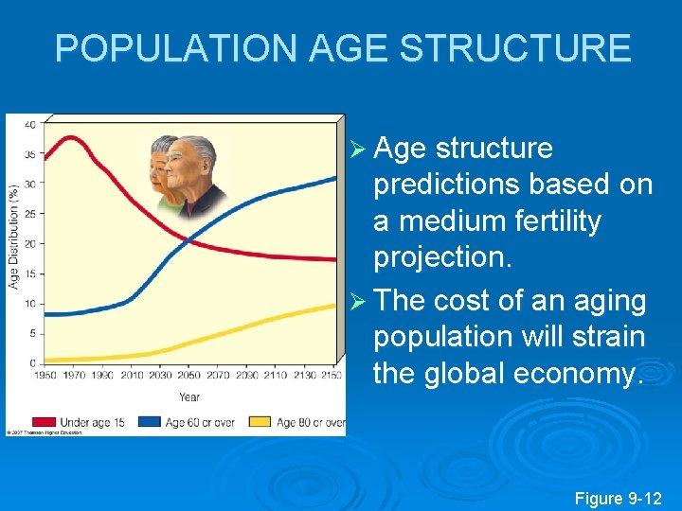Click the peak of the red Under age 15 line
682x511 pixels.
[x=71, y=138]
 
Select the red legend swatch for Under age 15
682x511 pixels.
[x=44, y=422]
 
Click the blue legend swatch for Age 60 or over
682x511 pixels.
[x=149, y=422]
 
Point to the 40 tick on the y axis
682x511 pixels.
[x=30, y=125]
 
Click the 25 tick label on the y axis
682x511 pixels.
[x=30, y=214]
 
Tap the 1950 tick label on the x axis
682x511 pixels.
[x=44, y=377]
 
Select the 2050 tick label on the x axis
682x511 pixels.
[x=189, y=377]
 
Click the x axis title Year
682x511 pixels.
[x=188, y=396]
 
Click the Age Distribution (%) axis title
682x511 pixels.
[x=14, y=236]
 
